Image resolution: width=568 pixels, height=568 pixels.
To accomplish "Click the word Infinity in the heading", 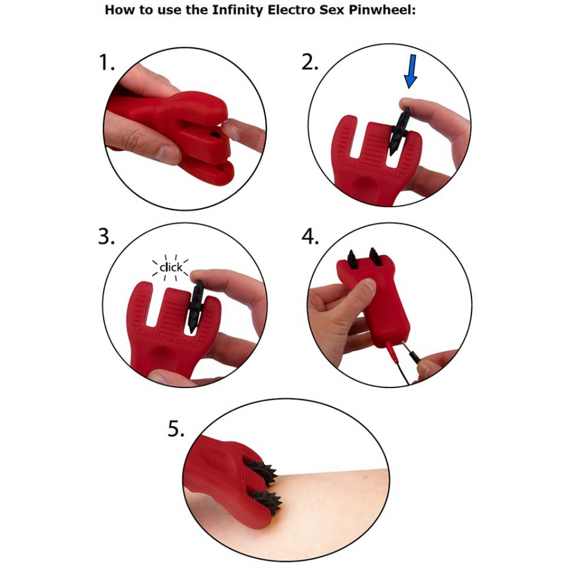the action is (238, 9).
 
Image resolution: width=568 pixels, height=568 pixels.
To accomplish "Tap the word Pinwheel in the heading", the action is (382, 9).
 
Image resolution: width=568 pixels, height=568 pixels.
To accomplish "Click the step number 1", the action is (107, 62).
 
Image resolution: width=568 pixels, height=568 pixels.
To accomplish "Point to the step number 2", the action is (310, 62).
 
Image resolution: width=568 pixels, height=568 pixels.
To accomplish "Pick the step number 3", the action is (107, 237).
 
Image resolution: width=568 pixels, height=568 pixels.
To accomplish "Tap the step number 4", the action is (310, 237).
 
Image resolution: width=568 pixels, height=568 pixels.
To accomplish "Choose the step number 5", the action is (176, 429).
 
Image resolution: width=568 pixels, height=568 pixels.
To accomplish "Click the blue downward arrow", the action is (410, 71).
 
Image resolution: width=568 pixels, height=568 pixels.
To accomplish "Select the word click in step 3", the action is (171, 268).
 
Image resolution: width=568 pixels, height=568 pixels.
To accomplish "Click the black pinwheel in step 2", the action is (399, 131).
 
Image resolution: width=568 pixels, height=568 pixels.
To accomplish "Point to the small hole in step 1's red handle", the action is (215, 135).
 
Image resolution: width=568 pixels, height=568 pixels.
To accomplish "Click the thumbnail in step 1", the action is (169, 155).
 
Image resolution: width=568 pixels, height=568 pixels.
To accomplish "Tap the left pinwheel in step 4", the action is (352, 258).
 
